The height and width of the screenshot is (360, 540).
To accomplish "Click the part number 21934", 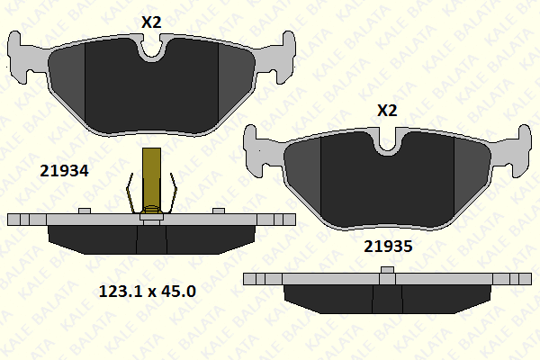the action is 64,170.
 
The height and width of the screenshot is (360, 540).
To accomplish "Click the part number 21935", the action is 388,247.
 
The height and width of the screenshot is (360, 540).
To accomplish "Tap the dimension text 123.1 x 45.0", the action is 148,291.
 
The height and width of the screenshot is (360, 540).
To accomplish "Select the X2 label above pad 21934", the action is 151,22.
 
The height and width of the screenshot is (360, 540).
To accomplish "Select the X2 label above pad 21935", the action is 387,111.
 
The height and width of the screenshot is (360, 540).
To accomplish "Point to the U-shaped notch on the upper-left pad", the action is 151,50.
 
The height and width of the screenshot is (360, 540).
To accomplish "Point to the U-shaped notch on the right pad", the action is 387,143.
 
